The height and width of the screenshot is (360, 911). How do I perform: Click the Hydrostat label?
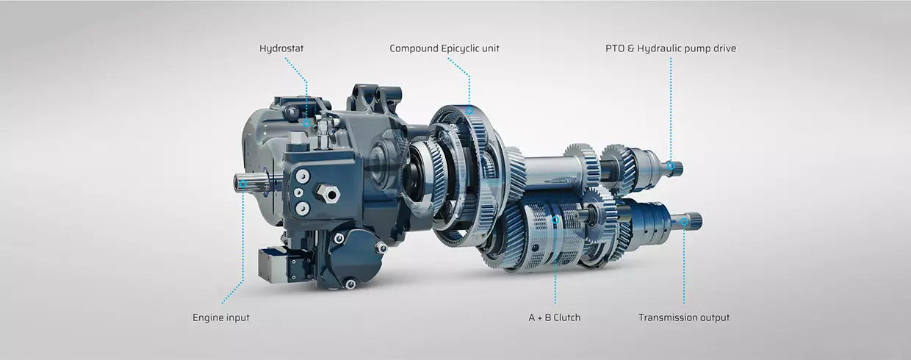coord(281,48)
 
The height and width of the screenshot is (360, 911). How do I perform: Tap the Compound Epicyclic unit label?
coord(444,48)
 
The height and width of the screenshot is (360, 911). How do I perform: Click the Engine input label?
coord(220,317)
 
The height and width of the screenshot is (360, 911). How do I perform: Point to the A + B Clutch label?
coord(554,317)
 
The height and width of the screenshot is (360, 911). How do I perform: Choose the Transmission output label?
coord(683,317)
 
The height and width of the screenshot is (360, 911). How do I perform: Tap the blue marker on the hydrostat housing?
coord(306,123)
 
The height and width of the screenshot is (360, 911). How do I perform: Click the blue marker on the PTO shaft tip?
coord(670,165)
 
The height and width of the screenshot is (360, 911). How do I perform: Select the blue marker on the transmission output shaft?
coord(684,220)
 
